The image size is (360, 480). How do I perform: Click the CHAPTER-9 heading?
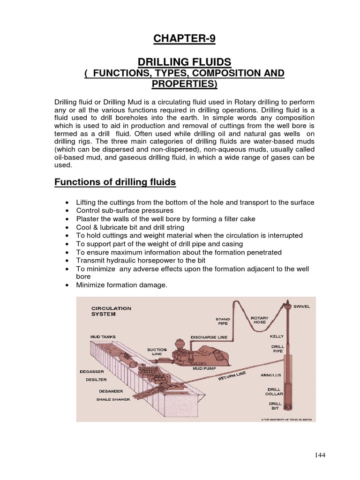(184, 39)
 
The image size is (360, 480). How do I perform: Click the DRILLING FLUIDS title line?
(184, 62)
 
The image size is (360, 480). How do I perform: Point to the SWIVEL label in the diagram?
(301, 307)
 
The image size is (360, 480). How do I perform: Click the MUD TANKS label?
(103, 337)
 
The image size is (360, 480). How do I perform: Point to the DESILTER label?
(97, 380)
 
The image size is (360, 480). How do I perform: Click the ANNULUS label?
(270, 375)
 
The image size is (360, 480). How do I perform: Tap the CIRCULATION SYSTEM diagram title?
(111, 311)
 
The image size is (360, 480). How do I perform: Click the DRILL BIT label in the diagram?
(275, 406)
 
